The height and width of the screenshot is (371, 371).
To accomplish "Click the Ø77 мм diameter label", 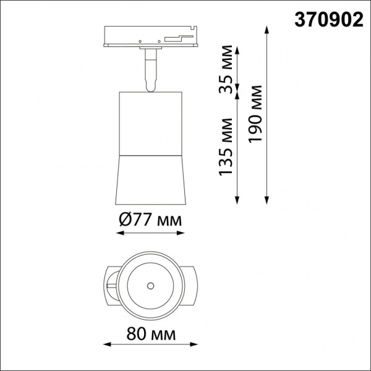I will coord(150,220).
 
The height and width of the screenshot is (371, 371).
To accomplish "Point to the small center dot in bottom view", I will coord(150,286).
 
